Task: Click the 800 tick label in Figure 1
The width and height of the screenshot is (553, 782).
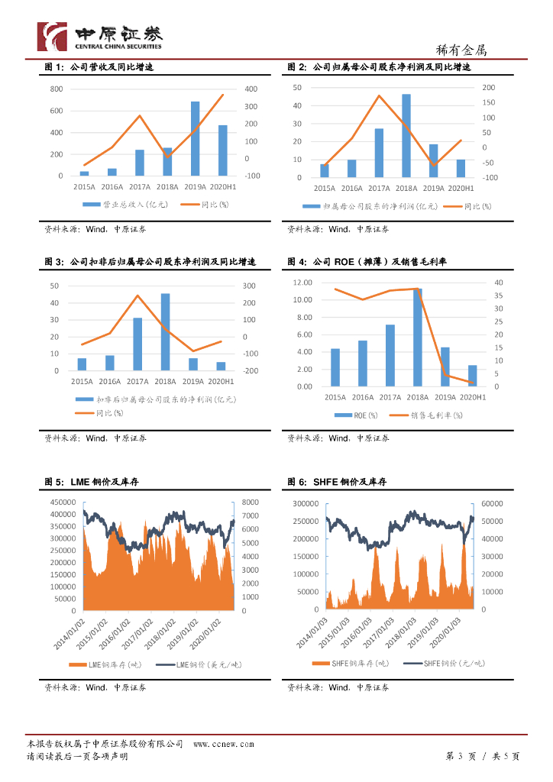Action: (x=56, y=89)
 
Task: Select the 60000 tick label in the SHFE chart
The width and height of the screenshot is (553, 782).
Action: (x=490, y=504)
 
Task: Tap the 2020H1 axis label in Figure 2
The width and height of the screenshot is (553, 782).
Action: (x=461, y=188)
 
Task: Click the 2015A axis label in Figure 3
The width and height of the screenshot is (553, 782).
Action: (x=82, y=381)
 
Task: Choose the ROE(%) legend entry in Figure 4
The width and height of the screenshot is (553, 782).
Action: (x=356, y=415)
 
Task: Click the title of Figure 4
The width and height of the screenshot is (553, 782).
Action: (x=367, y=262)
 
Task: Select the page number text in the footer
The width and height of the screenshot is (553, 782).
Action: (x=482, y=756)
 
